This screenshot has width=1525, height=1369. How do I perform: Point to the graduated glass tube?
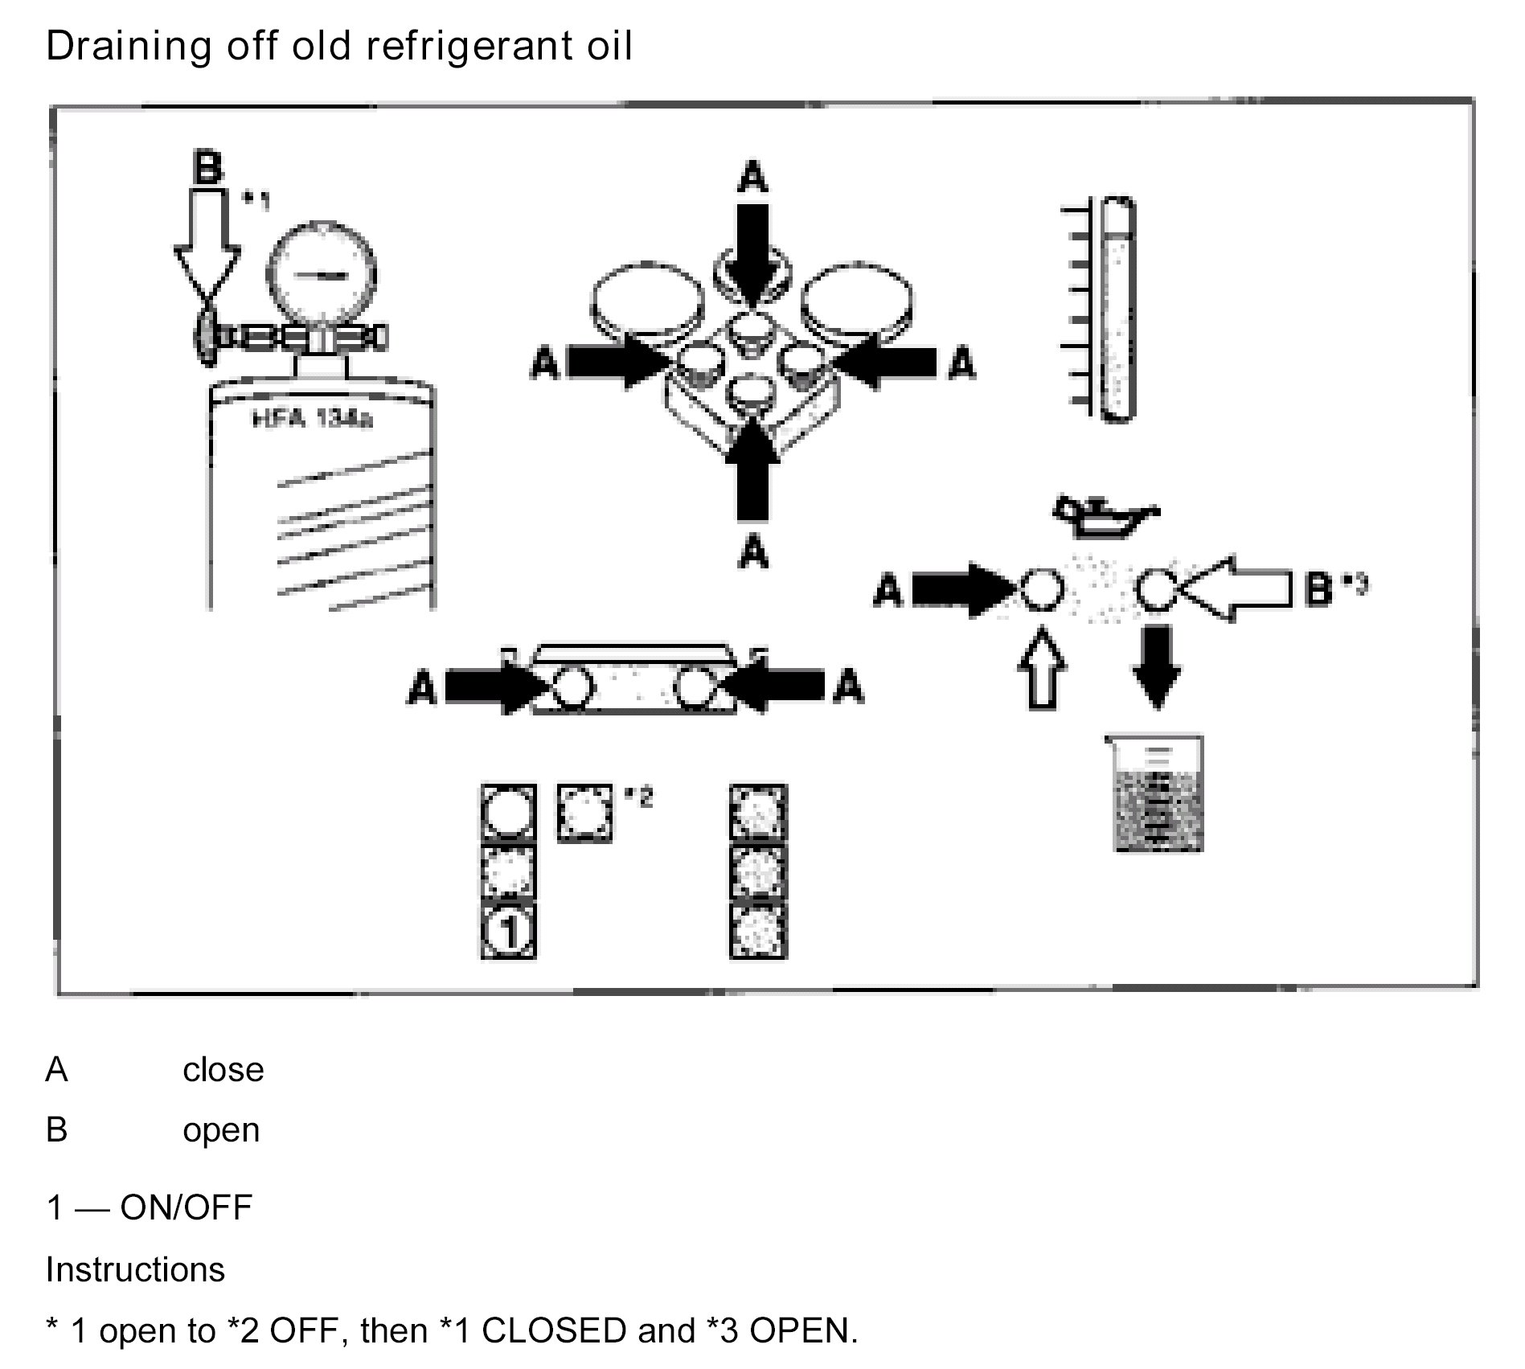click(1117, 309)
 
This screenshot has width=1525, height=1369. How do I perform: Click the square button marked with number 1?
click(508, 931)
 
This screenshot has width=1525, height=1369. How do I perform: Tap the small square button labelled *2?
click(584, 814)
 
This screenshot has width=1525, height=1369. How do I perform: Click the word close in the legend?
click(223, 1070)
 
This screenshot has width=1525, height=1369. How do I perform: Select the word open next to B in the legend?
click(221, 1130)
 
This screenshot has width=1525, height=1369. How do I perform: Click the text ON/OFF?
click(186, 1207)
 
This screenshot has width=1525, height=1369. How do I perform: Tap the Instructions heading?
click(135, 1269)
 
